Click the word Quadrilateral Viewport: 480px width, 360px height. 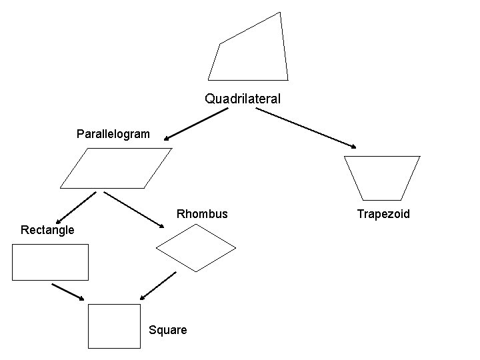(x=243, y=99)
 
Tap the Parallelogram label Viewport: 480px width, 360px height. (x=113, y=135)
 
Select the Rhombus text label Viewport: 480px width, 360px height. (x=202, y=214)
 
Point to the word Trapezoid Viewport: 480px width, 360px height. (x=383, y=214)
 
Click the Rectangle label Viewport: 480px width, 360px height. (x=48, y=230)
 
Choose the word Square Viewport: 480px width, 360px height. (x=168, y=330)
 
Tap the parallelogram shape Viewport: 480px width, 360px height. (x=116, y=167)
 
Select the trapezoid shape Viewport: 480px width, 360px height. (x=382, y=177)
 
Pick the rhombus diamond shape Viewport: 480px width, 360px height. (x=195, y=247)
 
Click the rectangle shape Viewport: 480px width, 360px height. (x=50, y=262)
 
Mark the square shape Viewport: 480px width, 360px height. (x=115, y=326)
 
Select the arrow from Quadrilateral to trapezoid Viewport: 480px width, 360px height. (x=307, y=128)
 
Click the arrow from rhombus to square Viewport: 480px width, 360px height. (x=158, y=285)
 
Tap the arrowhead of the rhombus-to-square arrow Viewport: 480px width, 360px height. (x=143, y=297)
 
